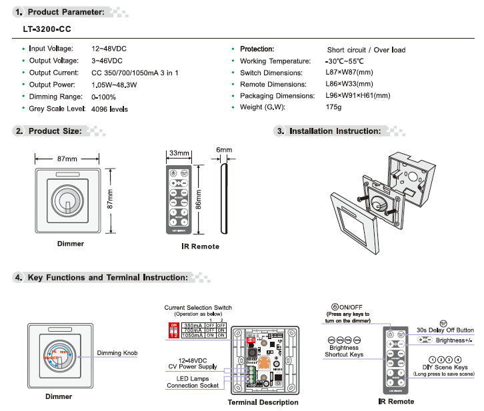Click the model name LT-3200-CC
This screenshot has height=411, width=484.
click(46, 29)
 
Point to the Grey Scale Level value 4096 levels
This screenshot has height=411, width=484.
click(109, 109)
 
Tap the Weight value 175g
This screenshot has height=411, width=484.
click(333, 107)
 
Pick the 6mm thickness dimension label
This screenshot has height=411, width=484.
click(224, 151)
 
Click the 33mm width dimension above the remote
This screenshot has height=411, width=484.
click(179, 153)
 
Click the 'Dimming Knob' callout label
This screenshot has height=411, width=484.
click(117, 353)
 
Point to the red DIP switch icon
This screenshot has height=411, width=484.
click(174, 328)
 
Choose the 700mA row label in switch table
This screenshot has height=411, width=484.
click(193, 330)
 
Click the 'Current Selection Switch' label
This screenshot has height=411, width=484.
click(198, 308)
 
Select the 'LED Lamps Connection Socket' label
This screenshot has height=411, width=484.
click(192, 382)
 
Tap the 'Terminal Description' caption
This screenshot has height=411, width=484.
click(263, 402)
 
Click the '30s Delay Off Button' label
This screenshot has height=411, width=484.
click(445, 330)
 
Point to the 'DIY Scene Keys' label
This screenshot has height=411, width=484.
click(445, 367)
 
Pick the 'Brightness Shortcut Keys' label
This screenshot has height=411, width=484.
click(344, 351)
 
